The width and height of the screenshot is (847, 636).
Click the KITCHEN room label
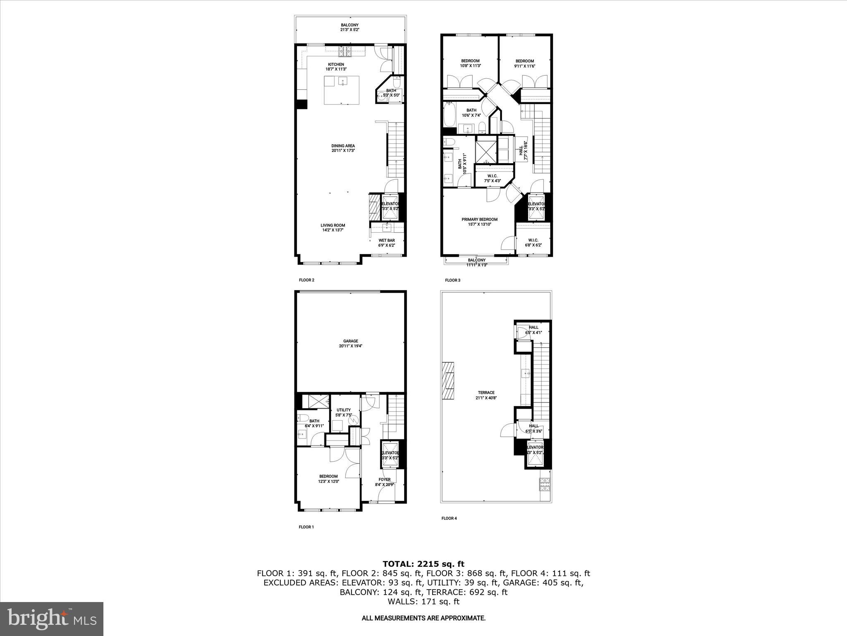pyautogui.click(x=336, y=65)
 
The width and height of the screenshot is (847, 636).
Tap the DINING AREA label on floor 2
pyautogui.click(x=343, y=146)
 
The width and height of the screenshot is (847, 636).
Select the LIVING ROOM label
pyautogui.click(x=333, y=226)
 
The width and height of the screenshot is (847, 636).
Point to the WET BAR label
pyautogui.click(x=386, y=240)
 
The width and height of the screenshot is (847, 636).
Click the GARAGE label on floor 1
pyautogui.click(x=350, y=341)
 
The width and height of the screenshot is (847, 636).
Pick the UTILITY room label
pyautogui.click(x=343, y=410)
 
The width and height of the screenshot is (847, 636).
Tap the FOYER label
pyautogui.click(x=384, y=480)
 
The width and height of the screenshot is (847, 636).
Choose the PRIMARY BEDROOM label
pyautogui.click(x=479, y=219)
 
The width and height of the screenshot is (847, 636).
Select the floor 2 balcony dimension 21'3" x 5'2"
pyautogui.click(x=349, y=30)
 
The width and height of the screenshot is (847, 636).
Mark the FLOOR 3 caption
pyautogui.click(x=452, y=280)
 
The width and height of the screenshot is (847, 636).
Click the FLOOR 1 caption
pyautogui.click(x=306, y=527)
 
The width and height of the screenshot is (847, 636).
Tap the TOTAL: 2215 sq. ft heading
pyautogui.click(x=423, y=564)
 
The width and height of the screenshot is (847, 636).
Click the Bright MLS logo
pyautogui.click(x=52, y=619)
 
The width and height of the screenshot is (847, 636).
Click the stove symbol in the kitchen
pyautogui.click(x=345, y=52)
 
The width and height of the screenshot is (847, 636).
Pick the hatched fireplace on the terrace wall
pyautogui.click(x=448, y=381)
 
